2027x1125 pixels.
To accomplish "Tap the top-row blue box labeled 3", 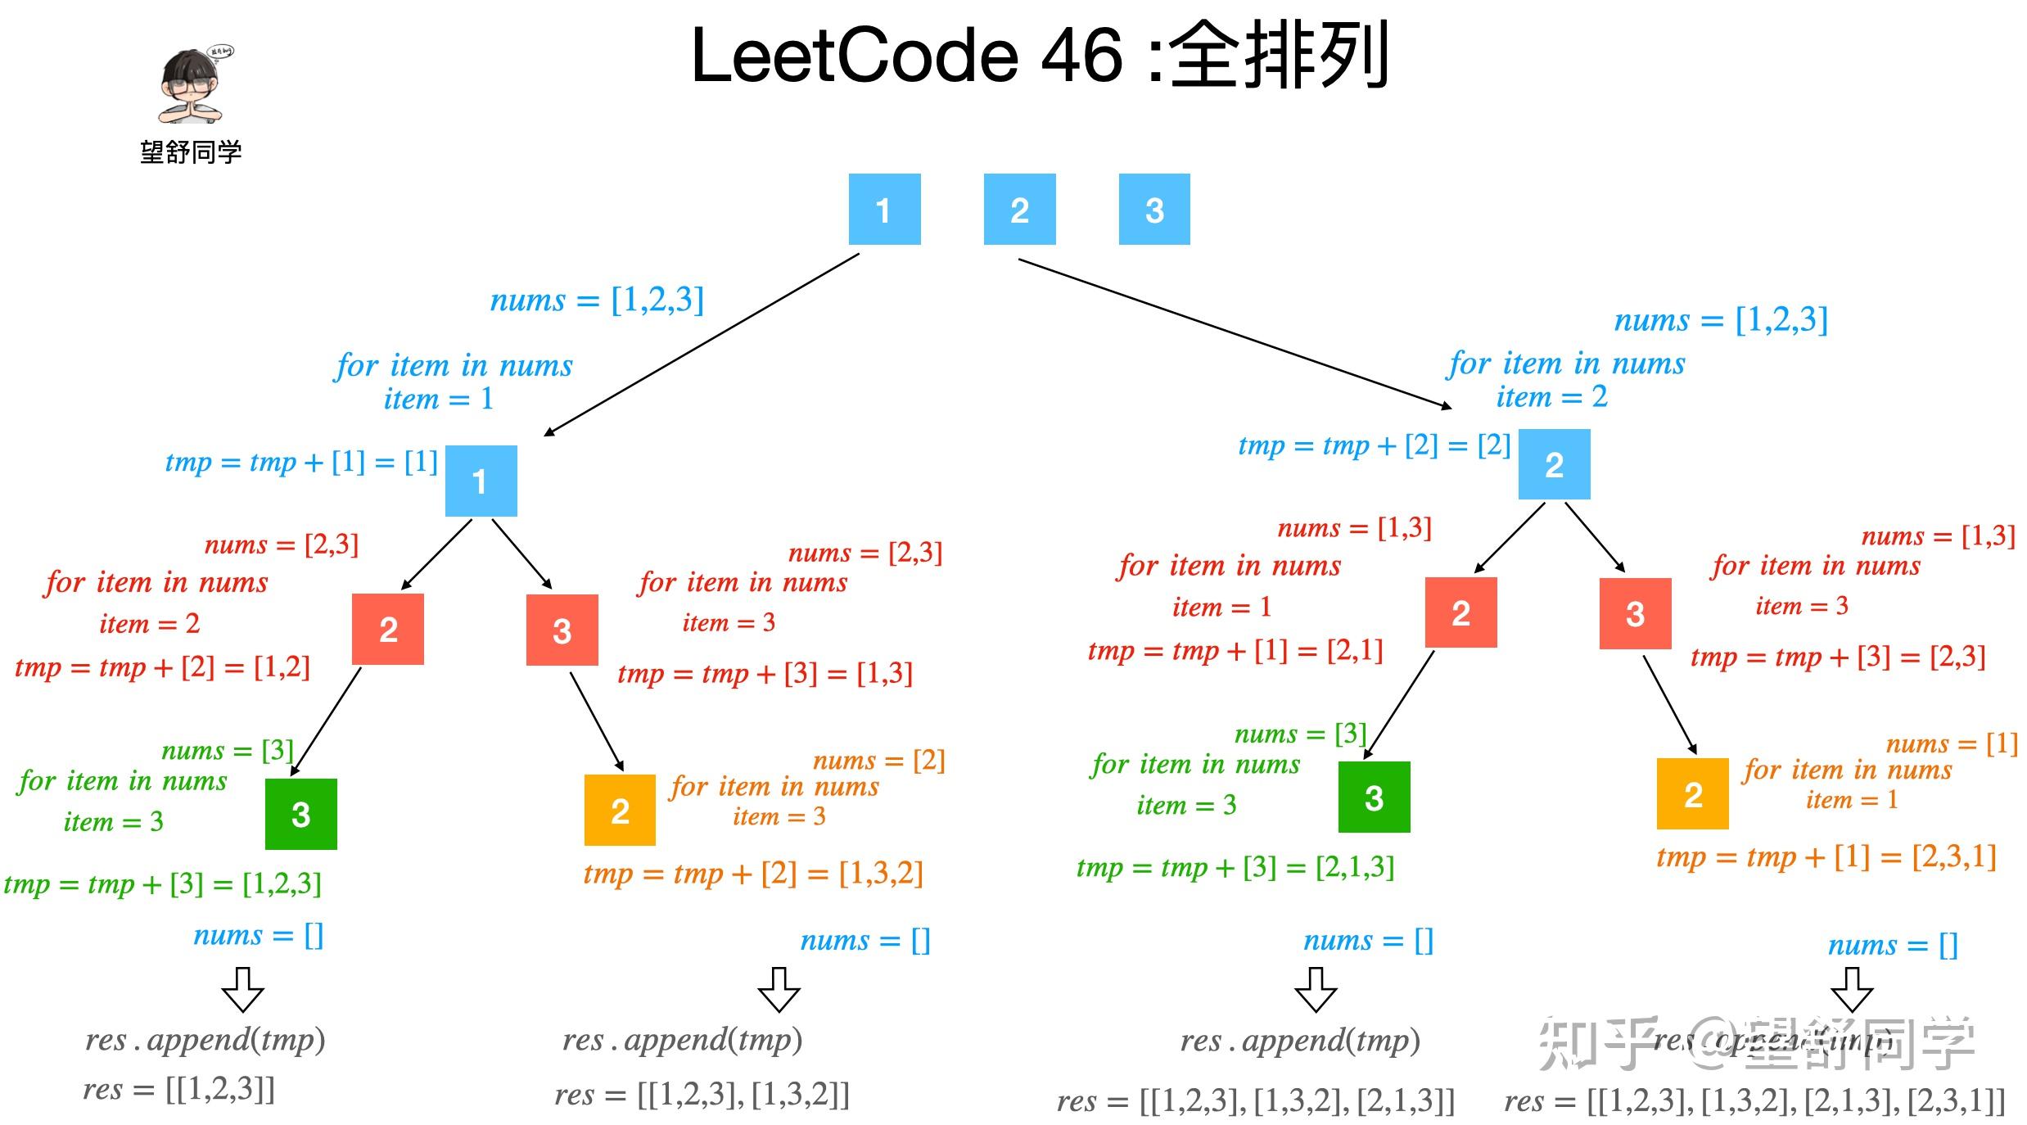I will [x=1153, y=210].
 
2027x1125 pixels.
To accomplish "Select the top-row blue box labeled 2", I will [x=1018, y=210].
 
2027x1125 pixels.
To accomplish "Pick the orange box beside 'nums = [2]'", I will [x=620, y=810].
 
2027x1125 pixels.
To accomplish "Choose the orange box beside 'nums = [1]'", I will [x=1691, y=793].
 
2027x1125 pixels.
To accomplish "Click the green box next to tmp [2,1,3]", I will [x=1373, y=797].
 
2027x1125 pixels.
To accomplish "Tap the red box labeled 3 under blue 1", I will [x=562, y=630].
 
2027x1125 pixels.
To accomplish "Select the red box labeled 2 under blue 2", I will [x=1460, y=612].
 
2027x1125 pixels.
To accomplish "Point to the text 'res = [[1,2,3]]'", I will [x=178, y=1089].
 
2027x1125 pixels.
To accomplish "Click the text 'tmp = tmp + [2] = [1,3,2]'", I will [x=752, y=874].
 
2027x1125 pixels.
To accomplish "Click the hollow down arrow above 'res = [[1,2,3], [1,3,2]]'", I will [x=778, y=990].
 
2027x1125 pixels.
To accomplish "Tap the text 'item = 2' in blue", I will [x=1551, y=397].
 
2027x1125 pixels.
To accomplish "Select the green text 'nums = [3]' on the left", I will [x=227, y=750].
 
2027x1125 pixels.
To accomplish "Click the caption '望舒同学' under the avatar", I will [x=191, y=152].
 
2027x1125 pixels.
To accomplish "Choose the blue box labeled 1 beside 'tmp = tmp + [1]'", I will [x=481, y=481].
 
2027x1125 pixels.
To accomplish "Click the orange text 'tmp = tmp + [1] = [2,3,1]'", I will [x=1826, y=857].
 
